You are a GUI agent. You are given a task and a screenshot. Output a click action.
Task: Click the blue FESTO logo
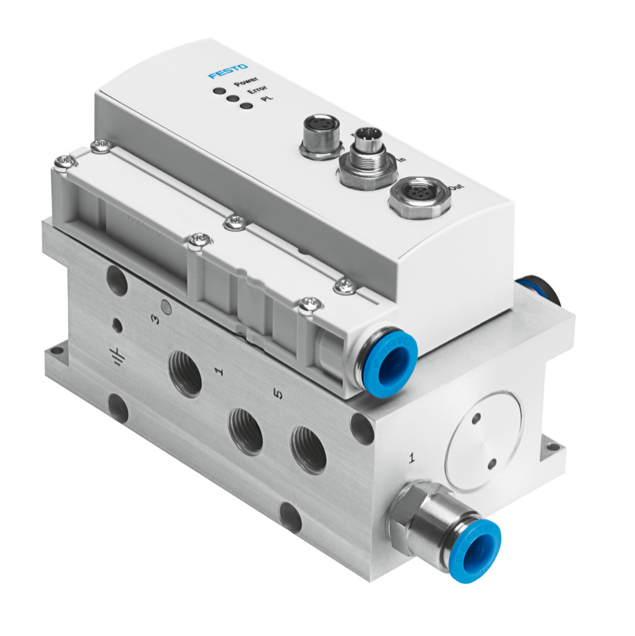228,71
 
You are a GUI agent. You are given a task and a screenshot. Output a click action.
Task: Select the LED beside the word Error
232,98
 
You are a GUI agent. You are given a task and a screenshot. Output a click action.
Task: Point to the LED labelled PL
247,106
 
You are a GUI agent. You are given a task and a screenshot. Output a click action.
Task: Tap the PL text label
268,98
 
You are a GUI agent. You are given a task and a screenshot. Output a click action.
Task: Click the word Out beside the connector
461,186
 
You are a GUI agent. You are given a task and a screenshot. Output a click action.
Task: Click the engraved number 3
156,319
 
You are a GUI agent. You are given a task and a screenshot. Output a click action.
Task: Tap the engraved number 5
278,394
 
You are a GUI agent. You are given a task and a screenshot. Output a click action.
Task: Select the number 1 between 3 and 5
218,371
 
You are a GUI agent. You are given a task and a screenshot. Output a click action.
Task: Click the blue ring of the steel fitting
475,550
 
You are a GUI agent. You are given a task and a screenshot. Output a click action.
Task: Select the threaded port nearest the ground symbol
185,375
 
